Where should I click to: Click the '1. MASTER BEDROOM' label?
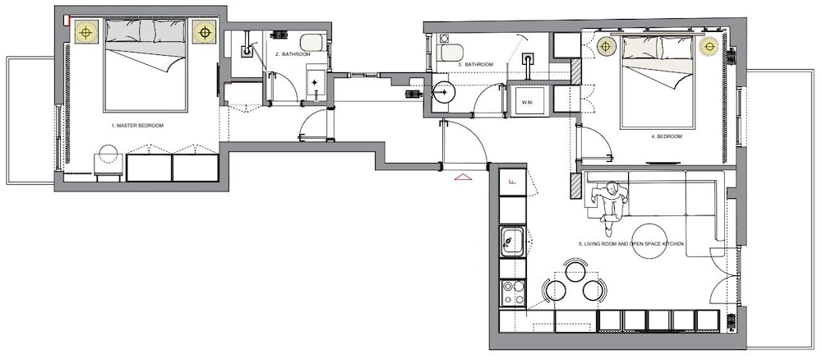[137, 126]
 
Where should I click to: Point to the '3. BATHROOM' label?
[476, 64]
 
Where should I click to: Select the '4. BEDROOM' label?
[667, 136]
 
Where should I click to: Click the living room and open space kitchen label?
[630, 243]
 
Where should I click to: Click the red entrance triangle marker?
[464, 178]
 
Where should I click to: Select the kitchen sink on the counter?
[512, 242]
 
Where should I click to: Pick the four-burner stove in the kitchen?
[513, 293]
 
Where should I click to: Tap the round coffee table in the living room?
[649, 241]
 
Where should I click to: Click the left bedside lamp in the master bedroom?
[86, 33]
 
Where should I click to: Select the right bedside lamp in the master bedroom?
[205, 33]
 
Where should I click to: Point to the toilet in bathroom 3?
[451, 53]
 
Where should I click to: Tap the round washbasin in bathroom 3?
[444, 93]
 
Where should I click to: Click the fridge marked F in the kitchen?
[512, 182]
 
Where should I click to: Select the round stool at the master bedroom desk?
[109, 154]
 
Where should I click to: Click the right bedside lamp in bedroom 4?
[709, 47]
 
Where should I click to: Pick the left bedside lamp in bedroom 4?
[607, 47]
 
